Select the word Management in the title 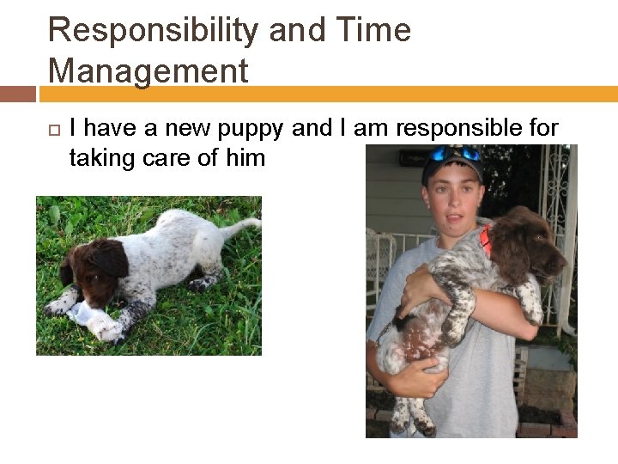tap(148, 70)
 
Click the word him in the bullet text tap(246, 157)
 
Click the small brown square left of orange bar tap(18, 94)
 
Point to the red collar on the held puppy tap(487, 240)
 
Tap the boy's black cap tap(450, 163)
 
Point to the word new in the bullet tap(189, 129)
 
